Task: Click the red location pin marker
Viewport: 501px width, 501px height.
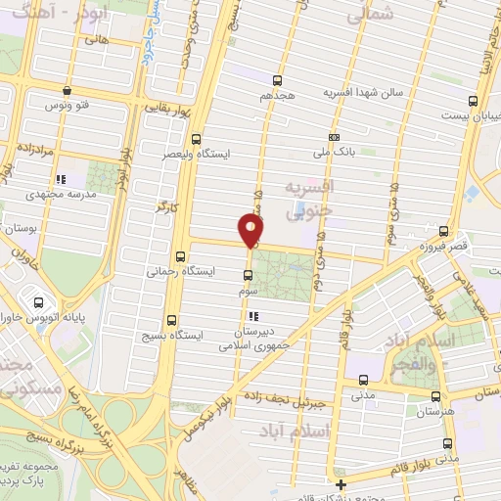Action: tap(252, 231)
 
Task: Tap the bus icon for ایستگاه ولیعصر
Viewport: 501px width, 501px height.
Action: tap(196, 138)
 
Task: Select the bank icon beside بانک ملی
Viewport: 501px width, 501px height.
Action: tap(335, 137)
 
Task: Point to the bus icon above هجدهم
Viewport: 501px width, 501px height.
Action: tap(278, 81)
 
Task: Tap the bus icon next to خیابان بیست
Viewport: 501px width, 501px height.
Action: tap(474, 101)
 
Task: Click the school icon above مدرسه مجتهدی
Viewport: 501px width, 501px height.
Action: tap(61, 179)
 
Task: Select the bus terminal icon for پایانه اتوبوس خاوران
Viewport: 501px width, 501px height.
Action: tap(38, 302)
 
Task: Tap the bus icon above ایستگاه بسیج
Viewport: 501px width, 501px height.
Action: tap(173, 319)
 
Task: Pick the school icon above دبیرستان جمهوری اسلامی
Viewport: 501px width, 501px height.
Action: tap(254, 316)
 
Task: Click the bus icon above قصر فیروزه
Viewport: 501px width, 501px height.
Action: tap(444, 232)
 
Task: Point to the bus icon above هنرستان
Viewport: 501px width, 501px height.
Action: tap(435, 396)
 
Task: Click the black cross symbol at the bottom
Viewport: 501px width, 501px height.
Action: tap(340, 484)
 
